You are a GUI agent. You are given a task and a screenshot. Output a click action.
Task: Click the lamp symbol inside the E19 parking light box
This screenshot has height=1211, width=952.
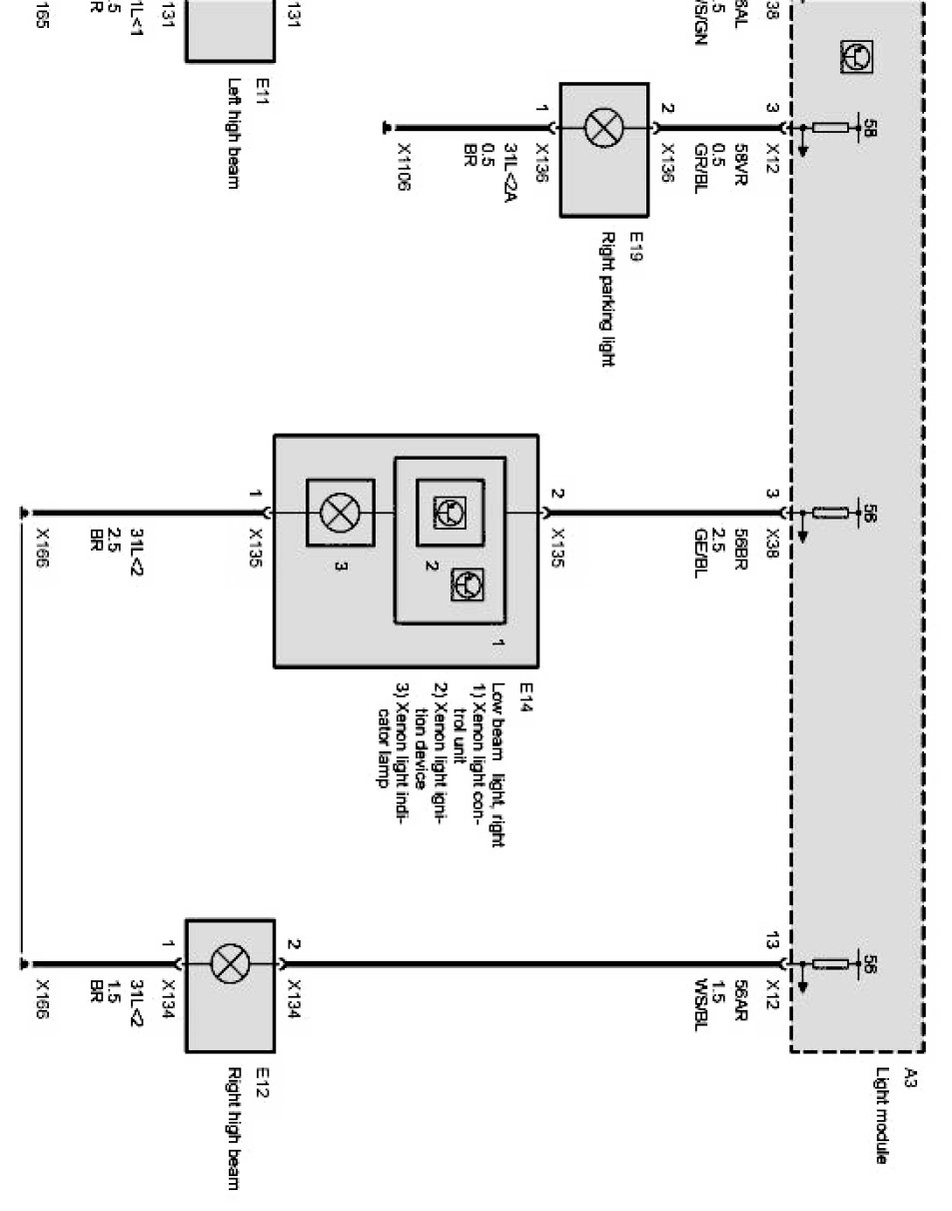(x=603, y=129)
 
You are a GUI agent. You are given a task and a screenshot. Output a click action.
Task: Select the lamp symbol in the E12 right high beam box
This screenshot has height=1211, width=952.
(x=230, y=964)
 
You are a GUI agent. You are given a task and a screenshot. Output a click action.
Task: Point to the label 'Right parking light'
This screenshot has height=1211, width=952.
(x=606, y=299)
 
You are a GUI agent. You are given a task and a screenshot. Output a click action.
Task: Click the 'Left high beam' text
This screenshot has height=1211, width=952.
(x=233, y=134)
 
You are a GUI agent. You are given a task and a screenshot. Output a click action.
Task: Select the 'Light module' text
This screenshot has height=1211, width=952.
(x=881, y=1116)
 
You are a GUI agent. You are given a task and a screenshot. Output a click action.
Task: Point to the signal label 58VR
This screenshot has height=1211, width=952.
(x=740, y=163)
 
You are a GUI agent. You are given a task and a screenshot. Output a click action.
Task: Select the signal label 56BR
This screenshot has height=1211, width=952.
(x=740, y=549)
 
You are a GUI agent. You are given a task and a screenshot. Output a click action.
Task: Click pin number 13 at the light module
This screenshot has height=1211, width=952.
(x=771, y=940)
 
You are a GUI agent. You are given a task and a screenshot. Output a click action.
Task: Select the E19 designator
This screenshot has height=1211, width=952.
(x=635, y=246)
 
